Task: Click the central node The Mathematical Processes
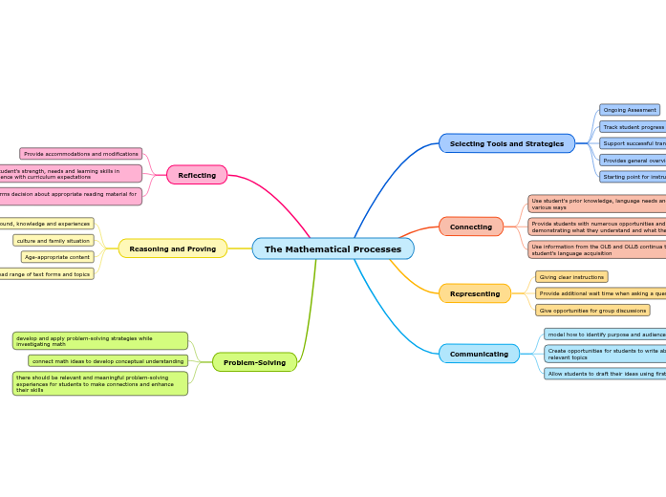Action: tap(333, 249)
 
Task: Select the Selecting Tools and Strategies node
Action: tap(506, 143)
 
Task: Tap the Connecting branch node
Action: tap(471, 227)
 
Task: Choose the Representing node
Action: tap(475, 293)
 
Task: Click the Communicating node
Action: tap(479, 354)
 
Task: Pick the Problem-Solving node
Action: tap(254, 362)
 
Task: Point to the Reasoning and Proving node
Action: tap(173, 248)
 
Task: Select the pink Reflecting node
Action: tap(197, 175)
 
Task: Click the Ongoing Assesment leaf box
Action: tap(630, 110)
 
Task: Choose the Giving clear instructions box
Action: tap(571, 277)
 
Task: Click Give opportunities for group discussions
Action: tap(592, 311)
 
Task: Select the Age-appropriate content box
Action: tap(57, 257)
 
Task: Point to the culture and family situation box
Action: tap(54, 241)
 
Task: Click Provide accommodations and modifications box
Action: tap(81, 154)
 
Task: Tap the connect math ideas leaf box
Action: tap(108, 361)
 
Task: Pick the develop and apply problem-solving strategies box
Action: tap(99, 341)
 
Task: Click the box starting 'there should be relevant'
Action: tap(99, 383)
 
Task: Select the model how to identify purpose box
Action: tap(605, 335)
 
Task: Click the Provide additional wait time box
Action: tap(601, 293)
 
